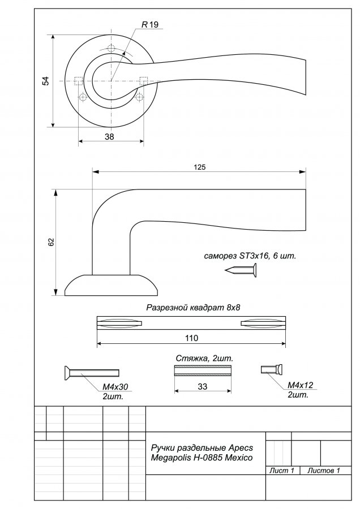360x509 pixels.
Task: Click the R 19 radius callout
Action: pos(150,25)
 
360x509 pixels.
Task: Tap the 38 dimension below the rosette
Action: pos(109,137)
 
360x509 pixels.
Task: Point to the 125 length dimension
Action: pos(199,167)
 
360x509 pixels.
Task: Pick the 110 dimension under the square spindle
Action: pos(191,338)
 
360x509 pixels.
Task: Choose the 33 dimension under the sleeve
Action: pos(203,387)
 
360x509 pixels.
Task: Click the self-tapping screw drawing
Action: pos(241,270)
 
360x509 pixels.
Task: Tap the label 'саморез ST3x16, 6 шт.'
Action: pos(250,256)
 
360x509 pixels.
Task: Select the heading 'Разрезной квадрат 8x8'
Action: pos(193,308)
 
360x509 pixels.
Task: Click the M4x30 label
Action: pos(115,387)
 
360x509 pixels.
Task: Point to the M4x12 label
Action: pos(300,385)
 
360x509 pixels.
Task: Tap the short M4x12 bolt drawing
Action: pos(272,369)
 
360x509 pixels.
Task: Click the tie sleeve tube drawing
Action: pos(203,370)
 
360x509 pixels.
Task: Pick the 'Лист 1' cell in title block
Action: pos(282,471)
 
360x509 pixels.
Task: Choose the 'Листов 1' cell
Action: pos(324,471)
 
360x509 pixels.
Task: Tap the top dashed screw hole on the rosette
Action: pos(111,49)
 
